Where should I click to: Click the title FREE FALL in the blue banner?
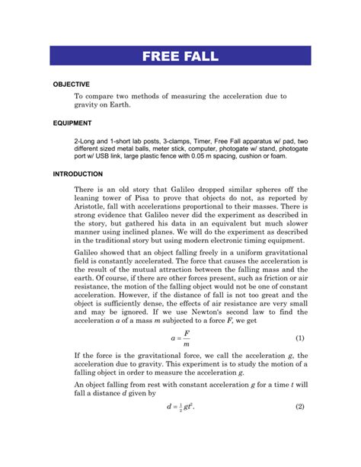[180, 56]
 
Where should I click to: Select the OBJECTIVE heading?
[71, 84]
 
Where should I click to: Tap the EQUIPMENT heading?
[72, 122]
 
